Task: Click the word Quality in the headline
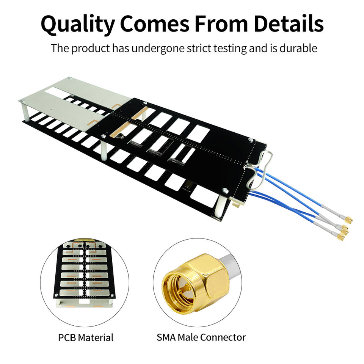pyautogui.click(x=77, y=25)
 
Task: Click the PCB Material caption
pyautogui.click(x=86, y=337)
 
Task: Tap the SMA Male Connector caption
pyautogui.click(x=201, y=337)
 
